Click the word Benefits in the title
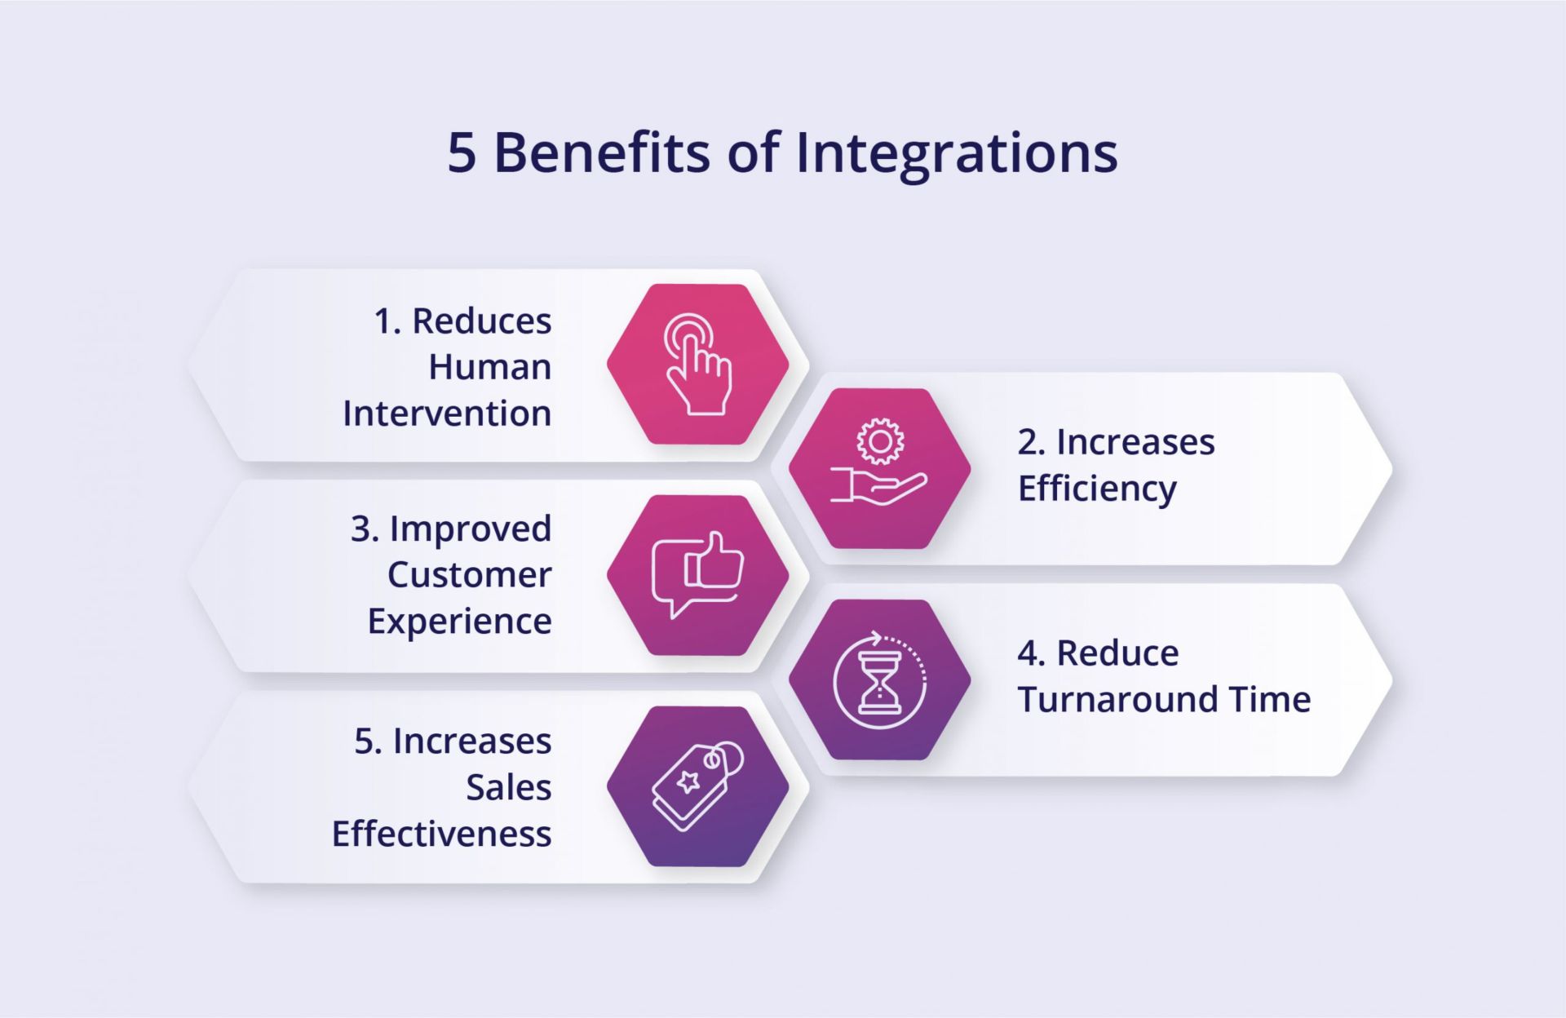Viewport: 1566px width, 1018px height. [x=602, y=153]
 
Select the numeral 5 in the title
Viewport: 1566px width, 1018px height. [x=462, y=153]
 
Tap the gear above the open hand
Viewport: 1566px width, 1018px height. [x=879, y=441]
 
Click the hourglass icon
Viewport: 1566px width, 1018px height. [x=879, y=679]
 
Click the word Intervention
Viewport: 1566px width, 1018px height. [x=447, y=414]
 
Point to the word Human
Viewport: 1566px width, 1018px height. [x=490, y=367]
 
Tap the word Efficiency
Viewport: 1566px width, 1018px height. [x=1097, y=489]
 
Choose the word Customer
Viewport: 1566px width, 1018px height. [x=470, y=575]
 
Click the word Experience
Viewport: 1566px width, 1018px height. [x=460, y=622]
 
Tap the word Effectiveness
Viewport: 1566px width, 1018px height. [x=442, y=834]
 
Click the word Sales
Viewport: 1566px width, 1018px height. [x=509, y=788]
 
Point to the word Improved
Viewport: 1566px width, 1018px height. [x=471, y=529]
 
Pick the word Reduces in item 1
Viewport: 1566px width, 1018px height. [x=482, y=321]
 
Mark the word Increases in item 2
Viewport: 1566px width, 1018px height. [x=1135, y=443]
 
